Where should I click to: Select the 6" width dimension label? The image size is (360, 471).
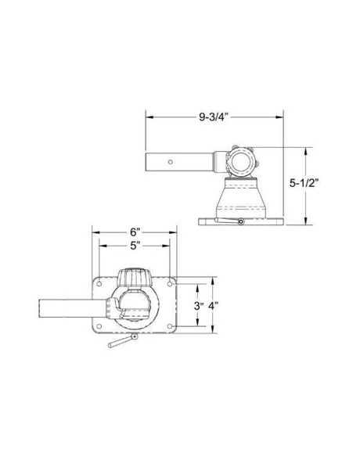135,232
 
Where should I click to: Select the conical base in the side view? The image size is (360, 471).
240,198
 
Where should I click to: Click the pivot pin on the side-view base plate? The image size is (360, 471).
240,222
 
